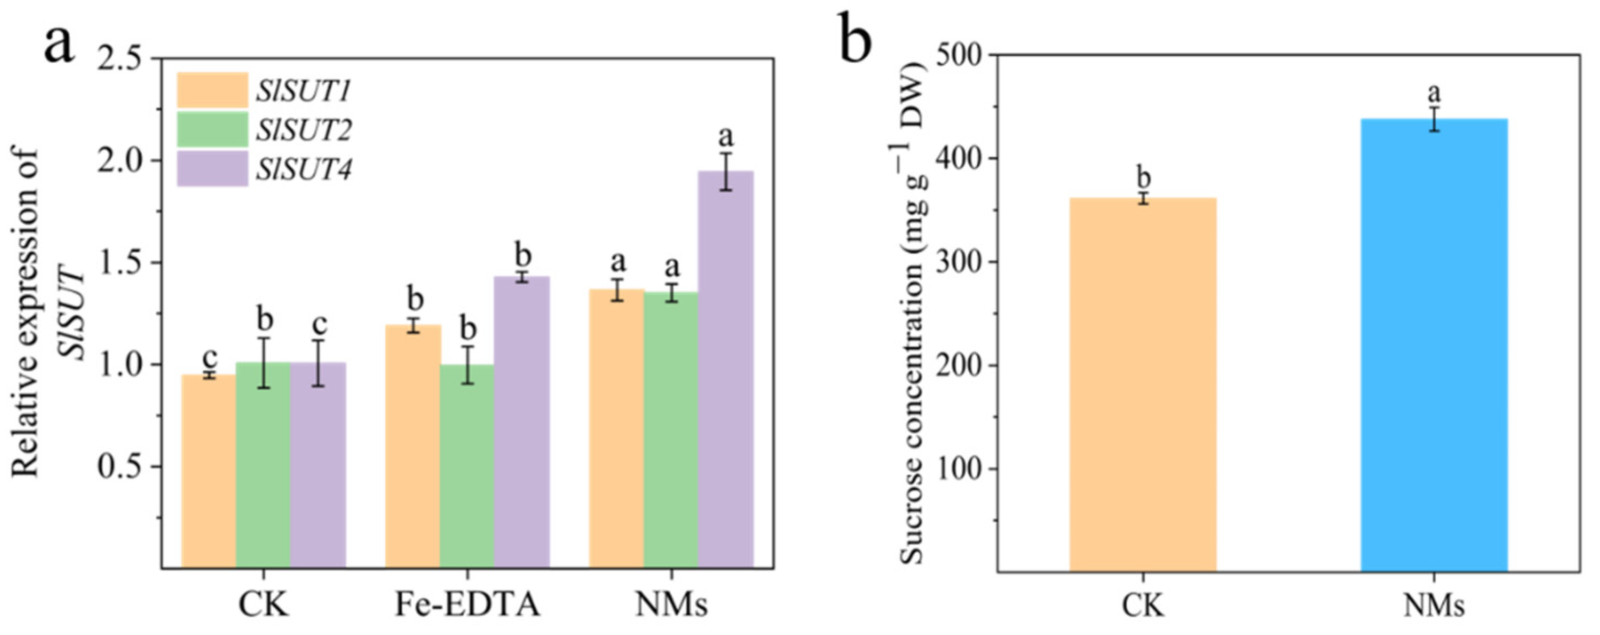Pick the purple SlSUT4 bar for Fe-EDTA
522,423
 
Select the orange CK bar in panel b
1143,385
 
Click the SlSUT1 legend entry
303,91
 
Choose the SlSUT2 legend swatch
212,130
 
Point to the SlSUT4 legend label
303,169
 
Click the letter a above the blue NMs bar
1434,93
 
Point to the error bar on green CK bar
264,363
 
